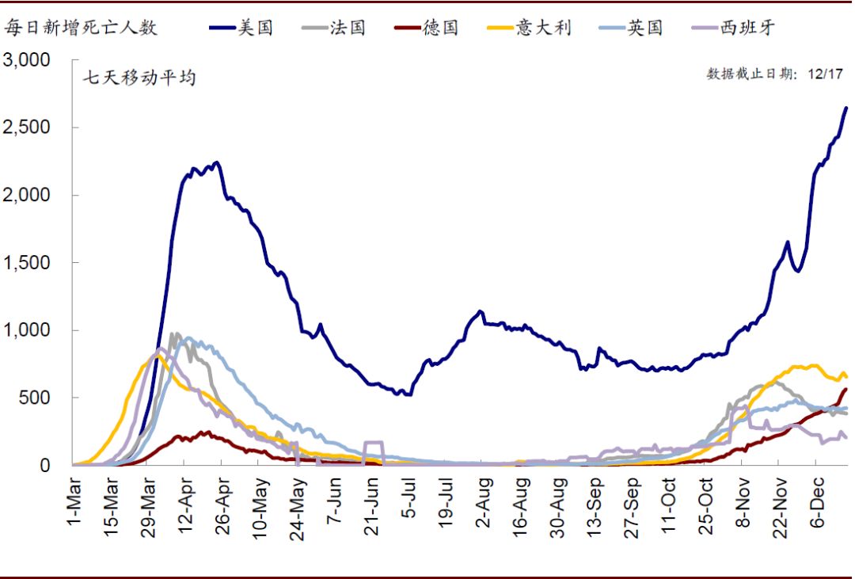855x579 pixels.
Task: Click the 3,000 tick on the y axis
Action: pos(27,60)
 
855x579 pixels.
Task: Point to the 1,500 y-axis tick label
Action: pos(27,263)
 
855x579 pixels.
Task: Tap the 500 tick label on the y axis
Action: pos(36,398)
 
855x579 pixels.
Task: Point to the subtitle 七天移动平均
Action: pos(139,78)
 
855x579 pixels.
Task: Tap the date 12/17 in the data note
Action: pos(826,74)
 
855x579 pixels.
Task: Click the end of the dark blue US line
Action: pos(846,108)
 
